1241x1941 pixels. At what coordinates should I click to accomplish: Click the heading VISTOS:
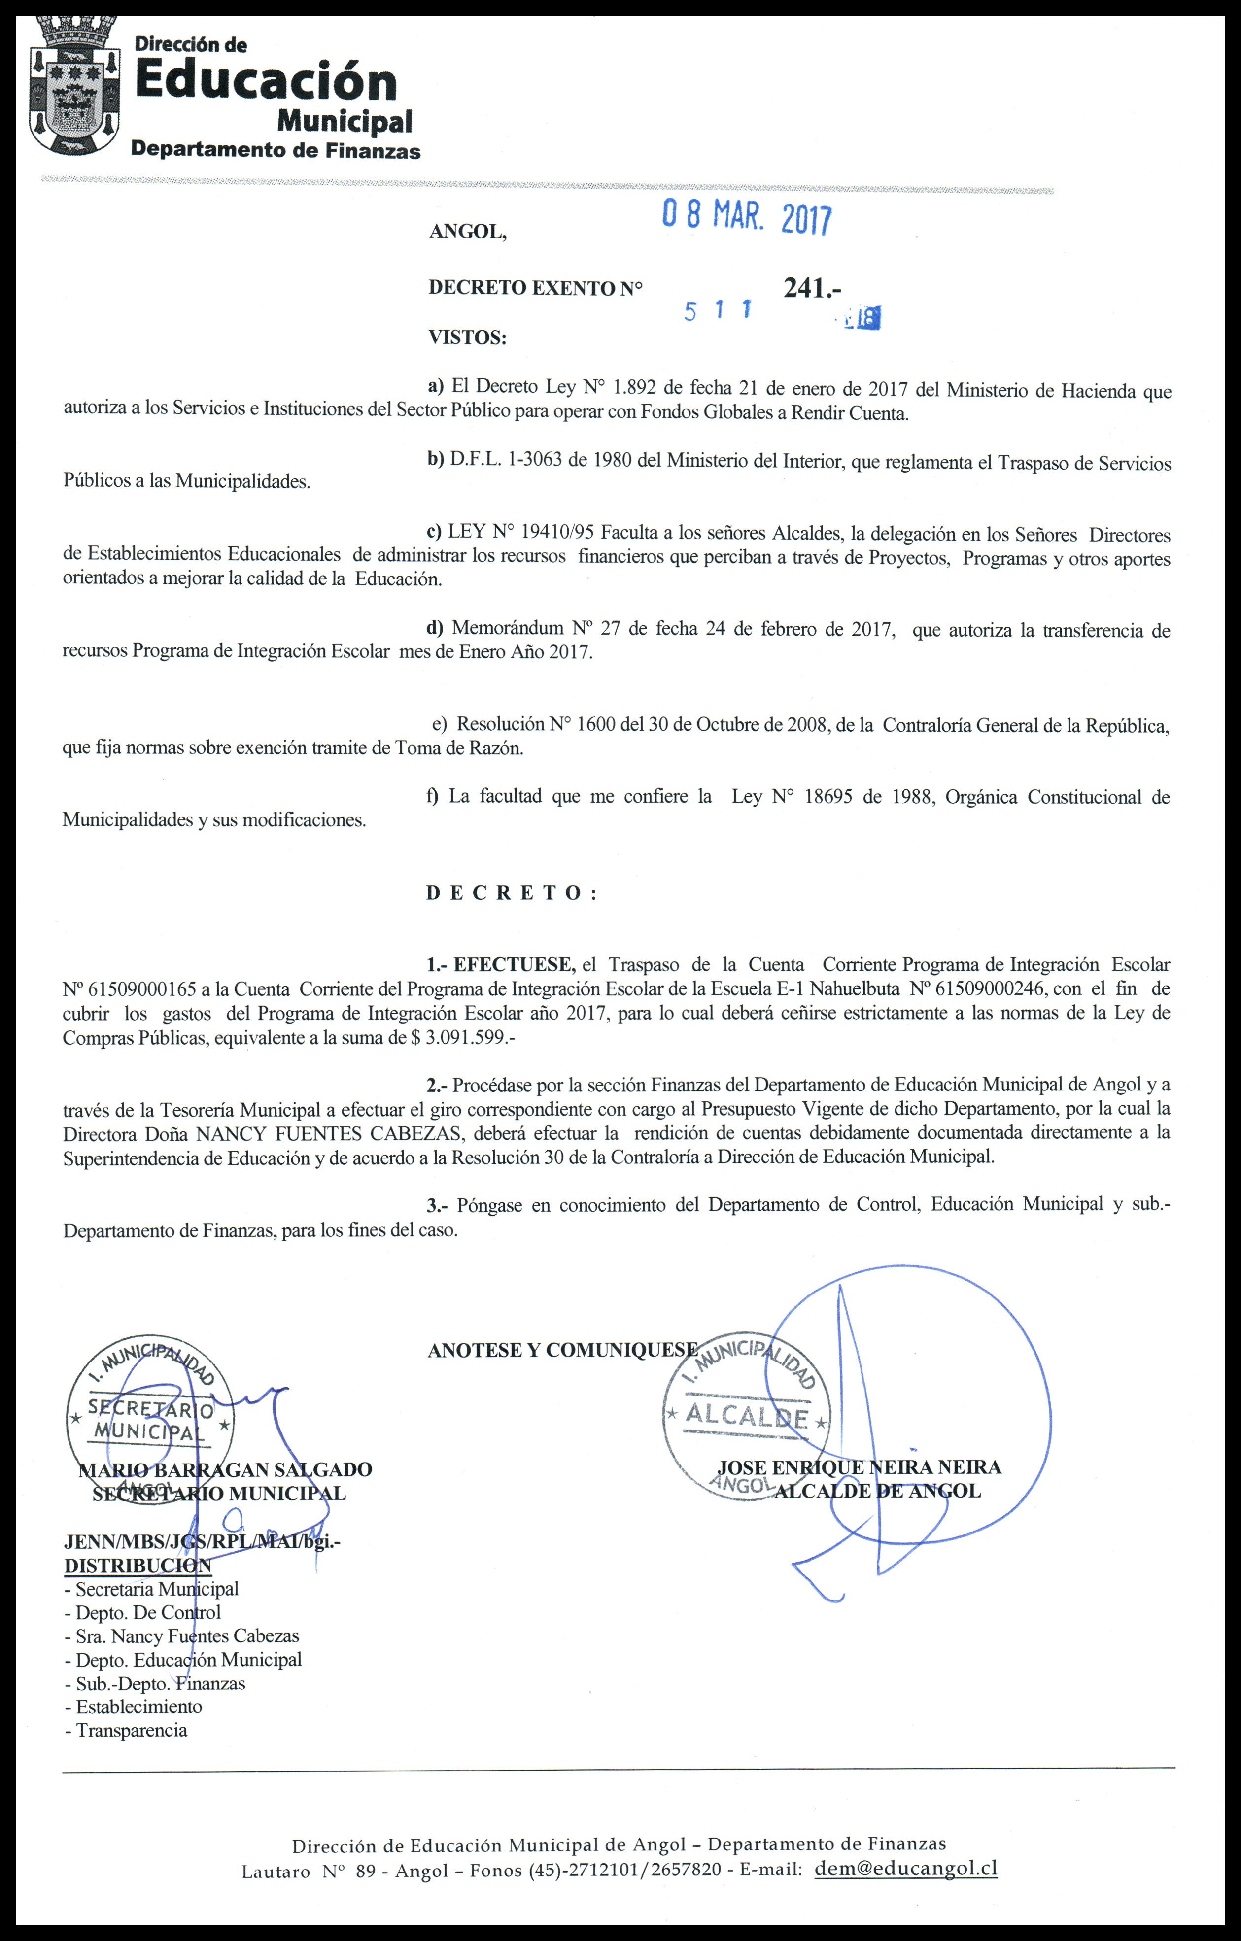pos(467,337)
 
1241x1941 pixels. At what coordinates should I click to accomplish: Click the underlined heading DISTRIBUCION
pos(138,1566)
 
